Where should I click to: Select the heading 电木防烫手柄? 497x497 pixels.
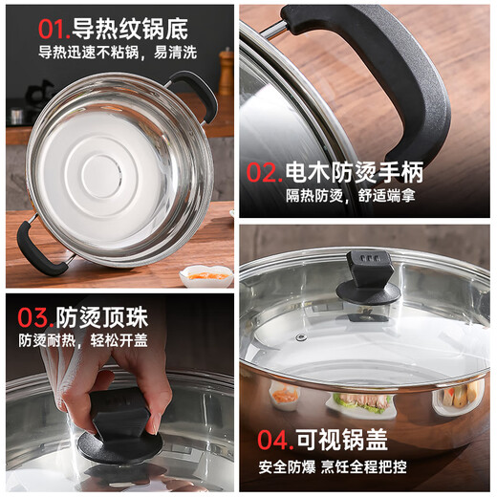click(355, 173)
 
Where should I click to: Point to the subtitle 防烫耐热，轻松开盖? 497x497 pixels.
click(84, 341)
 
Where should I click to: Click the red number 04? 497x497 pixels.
click(275, 440)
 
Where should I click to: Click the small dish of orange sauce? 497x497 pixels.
click(205, 275)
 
